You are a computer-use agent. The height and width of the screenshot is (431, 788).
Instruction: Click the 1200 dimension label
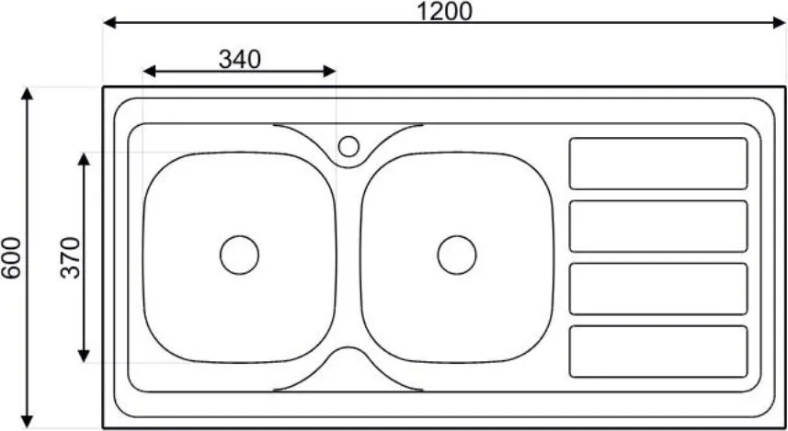(445, 11)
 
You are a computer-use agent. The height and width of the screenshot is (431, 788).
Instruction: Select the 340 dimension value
(240, 60)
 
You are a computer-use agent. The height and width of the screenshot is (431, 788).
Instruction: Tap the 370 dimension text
(71, 257)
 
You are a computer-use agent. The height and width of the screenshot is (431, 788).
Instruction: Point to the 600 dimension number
(11, 257)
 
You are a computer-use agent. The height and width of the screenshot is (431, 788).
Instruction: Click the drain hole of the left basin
(239, 255)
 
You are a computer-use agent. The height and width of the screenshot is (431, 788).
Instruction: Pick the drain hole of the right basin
(457, 255)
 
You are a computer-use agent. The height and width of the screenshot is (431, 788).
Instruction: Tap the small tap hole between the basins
(348, 146)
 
